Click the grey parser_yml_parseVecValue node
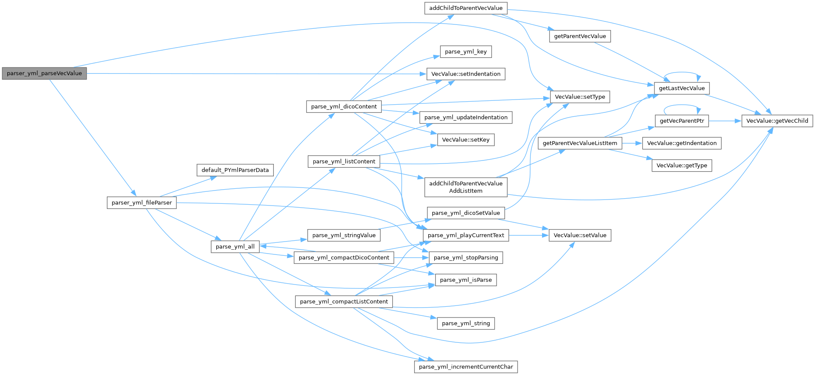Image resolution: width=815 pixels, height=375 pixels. click(44, 73)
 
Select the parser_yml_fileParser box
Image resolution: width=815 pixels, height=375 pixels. click(142, 203)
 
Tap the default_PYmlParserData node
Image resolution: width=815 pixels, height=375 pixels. click(235, 170)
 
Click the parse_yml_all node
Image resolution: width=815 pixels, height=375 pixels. click(235, 246)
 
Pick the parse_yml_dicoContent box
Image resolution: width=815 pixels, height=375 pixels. click(344, 106)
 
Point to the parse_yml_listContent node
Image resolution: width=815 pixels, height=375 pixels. click(344, 161)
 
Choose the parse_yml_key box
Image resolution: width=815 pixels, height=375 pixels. click(466, 51)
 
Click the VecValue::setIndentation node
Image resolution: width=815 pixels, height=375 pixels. click(466, 74)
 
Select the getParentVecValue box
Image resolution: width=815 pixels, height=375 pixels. click(580, 36)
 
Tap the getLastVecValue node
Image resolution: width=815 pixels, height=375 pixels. click(682, 88)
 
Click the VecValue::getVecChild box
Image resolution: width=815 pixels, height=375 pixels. click(777, 121)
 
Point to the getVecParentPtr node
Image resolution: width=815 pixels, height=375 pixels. click(682, 121)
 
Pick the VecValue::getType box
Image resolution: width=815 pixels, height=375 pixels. click(682, 165)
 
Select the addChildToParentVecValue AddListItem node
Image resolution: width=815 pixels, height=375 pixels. click(466, 187)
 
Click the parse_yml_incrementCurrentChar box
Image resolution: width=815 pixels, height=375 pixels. click(466, 366)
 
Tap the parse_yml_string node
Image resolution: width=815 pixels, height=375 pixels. click(466, 323)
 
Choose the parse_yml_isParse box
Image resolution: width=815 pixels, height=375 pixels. click(466, 280)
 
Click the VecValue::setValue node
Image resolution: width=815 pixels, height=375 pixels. click(580, 235)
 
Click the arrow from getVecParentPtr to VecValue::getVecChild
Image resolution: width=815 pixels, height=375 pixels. click(725, 121)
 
